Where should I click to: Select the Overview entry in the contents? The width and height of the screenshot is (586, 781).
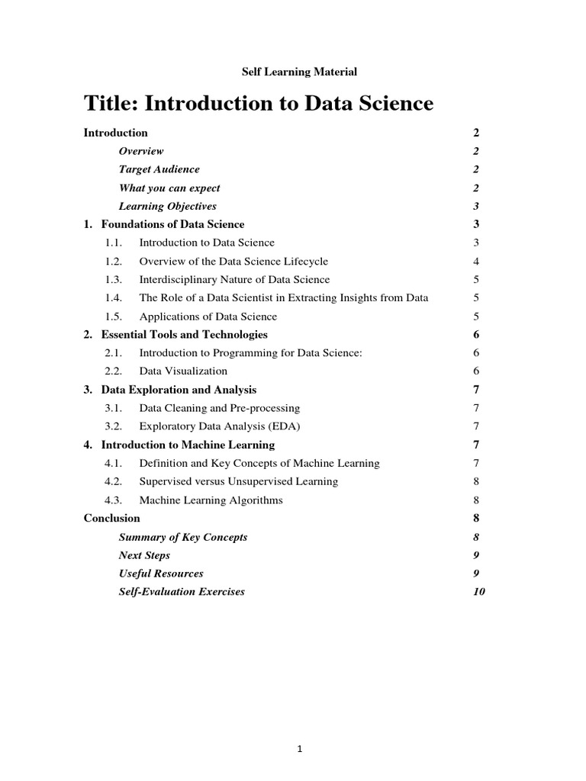[x=141, y=151]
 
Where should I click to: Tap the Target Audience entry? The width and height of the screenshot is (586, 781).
[x=159, y=169]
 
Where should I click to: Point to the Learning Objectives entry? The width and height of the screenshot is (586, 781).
[x=167, y=206]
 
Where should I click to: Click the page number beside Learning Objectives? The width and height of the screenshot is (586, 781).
[x=475, y=206]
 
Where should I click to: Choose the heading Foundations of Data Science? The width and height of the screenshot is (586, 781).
[x=172, y=224]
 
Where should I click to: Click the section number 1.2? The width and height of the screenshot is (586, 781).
[x=114, y=261]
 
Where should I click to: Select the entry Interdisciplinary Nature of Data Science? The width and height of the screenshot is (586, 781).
[x=234, y=279]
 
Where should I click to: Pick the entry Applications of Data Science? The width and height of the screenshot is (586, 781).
[x=208, y=316]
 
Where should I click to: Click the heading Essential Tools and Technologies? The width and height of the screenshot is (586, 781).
[x=184, y=334]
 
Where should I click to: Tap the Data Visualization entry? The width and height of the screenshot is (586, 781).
[x=183, y=371]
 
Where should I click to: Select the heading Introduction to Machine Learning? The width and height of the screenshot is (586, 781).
[x=188, y=445]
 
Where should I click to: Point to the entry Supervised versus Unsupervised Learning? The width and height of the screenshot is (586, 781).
[x=238, y=481]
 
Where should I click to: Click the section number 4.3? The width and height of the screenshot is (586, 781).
[x=114, y=500]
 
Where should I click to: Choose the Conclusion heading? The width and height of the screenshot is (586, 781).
[x=111, y=518]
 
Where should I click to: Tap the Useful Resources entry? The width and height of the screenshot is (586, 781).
[x=161, y=573]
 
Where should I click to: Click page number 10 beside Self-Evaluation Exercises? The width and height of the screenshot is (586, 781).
[x=479, y=591]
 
